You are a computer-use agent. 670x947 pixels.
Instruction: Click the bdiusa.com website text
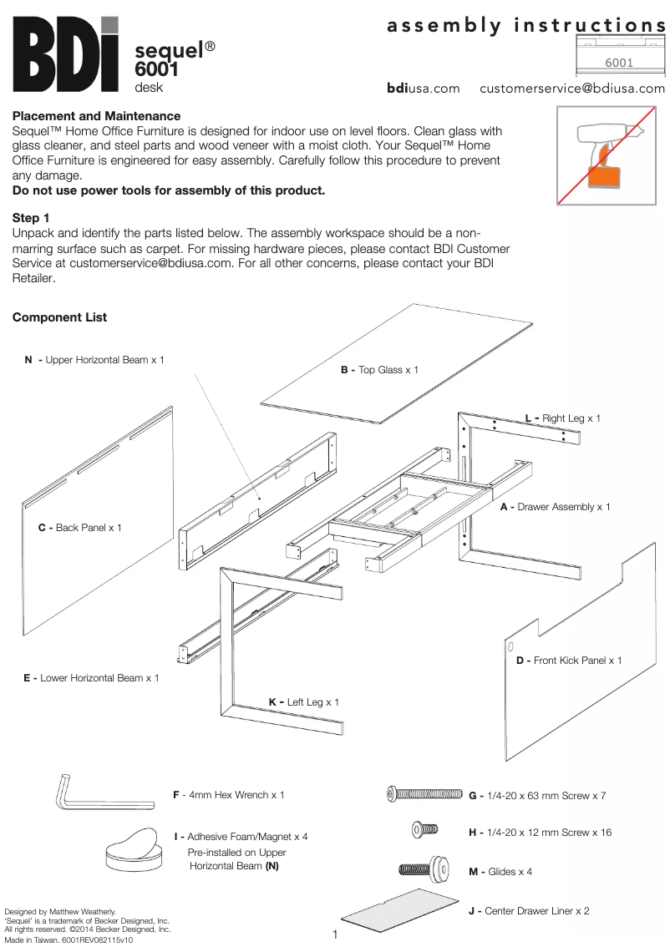click(x=423, y=89)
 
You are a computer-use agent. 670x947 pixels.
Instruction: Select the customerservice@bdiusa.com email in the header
click(x=571, y=89)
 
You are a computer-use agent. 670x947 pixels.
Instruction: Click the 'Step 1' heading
click(x=31, y=218)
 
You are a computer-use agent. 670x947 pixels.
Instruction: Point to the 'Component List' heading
click(x=59, y=317)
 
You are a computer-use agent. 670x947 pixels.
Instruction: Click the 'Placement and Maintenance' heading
click(x=96, y=116)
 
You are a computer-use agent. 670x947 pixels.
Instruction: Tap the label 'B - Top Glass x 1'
click(x=379, y=370)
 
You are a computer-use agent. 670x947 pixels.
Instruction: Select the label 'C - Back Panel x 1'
click(x=79, y=528)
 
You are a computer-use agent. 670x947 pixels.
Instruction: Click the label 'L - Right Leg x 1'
click(x=562, y=418)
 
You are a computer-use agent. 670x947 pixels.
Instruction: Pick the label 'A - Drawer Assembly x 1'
click(x=555, y=507)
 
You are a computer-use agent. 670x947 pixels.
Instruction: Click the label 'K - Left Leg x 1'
click(x=304, y=702)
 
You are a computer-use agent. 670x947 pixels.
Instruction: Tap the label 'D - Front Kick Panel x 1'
click(x=568, y=661)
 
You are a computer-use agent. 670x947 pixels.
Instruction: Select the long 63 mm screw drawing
click(x=424, y=794)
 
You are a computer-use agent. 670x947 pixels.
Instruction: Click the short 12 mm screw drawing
click(x=424, y=829)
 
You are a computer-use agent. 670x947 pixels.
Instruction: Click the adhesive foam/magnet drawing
click(x=132, y=847)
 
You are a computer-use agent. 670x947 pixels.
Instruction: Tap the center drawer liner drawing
click(x=401, y=914)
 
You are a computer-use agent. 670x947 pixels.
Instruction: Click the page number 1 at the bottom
click(x=335, y=934)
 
